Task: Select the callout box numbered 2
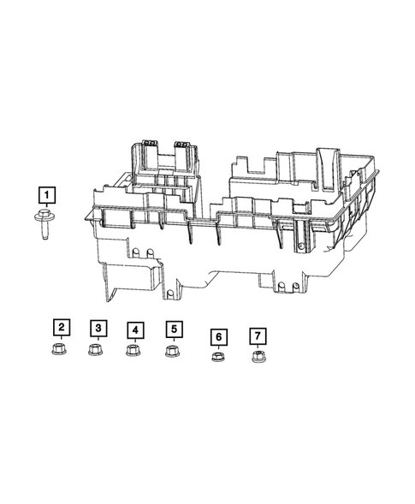(x=61, y=326)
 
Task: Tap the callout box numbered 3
(x=98, y=328)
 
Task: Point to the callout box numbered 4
(x=134, y=329)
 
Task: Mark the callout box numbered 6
(x=218, y=336)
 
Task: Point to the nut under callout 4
(x=133, y=351)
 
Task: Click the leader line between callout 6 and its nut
(x=218, y=347)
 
